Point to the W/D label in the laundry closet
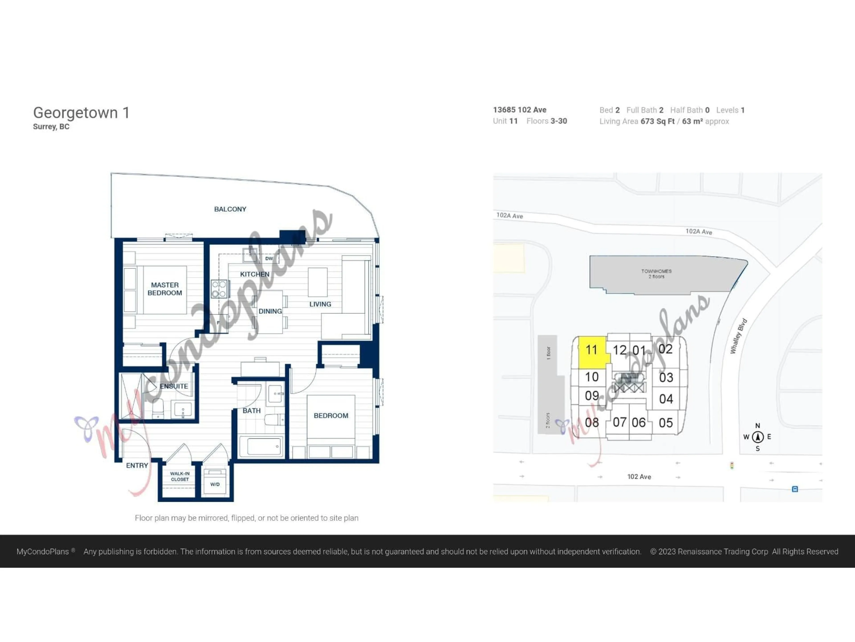click(x=215, y=484)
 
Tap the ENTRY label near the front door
click(x=137, y=465)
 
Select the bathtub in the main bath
click(x=262, y=446)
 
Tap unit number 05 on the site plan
click(x=666, y=423)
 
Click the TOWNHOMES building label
click(x=656, y=274)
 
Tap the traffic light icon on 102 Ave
click(x=732, y=465)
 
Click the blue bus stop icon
click(x=795, y=489)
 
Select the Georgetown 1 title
click(x=81, y=113)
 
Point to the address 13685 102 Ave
click(x=519, y=110)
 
